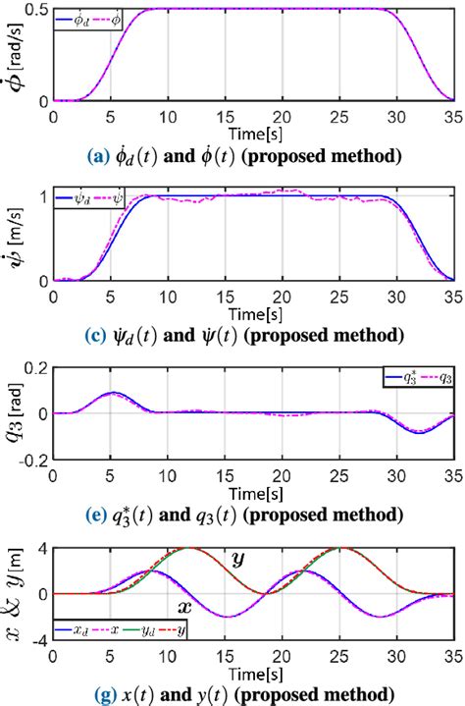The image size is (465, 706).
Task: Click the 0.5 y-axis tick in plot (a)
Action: click(x=34, y=10)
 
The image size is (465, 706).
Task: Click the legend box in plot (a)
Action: click(x=90, y=19)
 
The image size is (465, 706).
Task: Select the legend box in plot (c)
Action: click(x=90, y=200)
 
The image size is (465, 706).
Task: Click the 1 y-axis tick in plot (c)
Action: click(x=41, y=196)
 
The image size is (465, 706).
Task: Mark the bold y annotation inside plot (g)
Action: click(x=236, y=560)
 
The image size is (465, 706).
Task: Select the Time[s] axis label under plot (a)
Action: click(x=252, y=132)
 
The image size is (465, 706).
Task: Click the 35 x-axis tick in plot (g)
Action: click(x=452, y=655)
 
